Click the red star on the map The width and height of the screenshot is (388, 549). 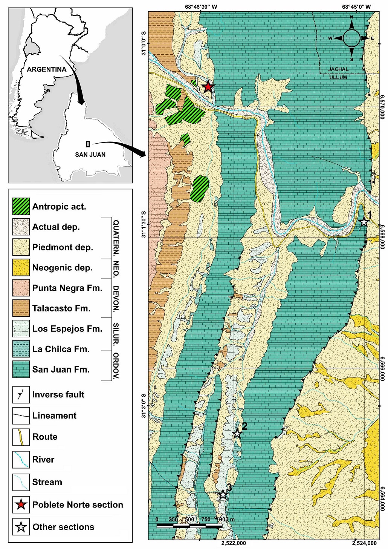coord(208,87)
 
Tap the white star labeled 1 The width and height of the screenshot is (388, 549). coord(364,222)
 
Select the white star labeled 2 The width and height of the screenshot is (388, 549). coord(237,433)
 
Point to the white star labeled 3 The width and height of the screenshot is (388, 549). coord(223,494)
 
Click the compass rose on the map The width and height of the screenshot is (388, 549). coord(351,38)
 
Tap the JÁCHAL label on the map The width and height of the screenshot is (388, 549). coord(338,69)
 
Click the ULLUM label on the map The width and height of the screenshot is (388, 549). coord(338,77)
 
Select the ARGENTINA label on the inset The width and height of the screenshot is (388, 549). coord(46,69)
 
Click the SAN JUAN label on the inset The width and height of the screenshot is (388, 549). coord(90,155)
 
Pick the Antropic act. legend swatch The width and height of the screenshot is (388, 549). coord(21,206)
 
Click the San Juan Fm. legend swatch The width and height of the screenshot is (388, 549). coord(21,369)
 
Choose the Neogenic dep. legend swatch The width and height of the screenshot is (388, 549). coord(21,267)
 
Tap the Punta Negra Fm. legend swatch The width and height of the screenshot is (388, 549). coord(21,288)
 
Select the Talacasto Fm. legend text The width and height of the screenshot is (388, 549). coord(61,308)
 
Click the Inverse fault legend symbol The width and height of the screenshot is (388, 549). coord(21,394)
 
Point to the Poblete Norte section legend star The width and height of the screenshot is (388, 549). coord(21,505)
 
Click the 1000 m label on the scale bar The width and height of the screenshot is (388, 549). coord(226,519)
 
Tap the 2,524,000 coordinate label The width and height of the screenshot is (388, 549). coord(364,543)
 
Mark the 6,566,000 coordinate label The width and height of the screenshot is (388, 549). coord(382,368)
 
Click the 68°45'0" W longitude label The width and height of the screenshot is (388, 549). coord(356,7)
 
